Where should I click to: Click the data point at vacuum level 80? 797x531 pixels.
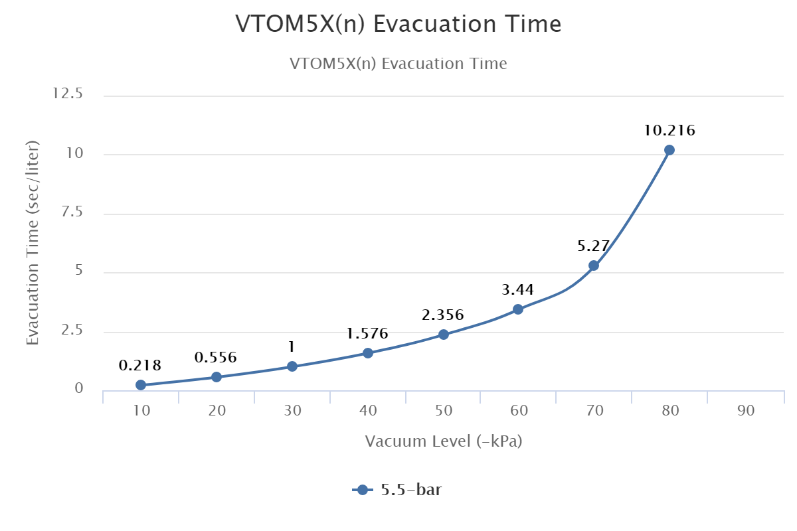(x=669, y=150)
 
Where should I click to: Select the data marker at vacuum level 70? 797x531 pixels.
(x=594, y=265)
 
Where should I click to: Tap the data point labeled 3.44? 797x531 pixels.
(x=518, y=309)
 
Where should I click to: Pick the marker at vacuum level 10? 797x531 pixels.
(x=141, y=385)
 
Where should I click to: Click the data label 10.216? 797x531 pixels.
(x=669, y=131)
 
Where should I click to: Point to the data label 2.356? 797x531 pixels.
(x=442, y=315)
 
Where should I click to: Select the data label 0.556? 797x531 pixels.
(x=216, y=358)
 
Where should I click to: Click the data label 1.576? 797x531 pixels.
(x=367, y=334)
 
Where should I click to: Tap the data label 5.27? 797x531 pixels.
(x=594, y=246)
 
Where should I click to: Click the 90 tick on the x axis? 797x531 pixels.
(x=746, y=411)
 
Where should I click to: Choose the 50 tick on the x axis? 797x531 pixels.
(x=444, y=411)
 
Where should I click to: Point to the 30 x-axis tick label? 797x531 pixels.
(x=293, y=411)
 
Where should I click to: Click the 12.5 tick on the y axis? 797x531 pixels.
(x=68, y=94)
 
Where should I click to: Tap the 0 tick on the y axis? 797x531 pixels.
(x=78, y=389)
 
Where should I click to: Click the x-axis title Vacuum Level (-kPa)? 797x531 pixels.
(x=444, y=441)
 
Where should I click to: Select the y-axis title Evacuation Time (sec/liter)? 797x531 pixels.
(x=33, y=242)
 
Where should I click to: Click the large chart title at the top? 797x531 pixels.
(x=398, y=25)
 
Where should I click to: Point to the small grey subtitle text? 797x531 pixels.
(x=398, y=64)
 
